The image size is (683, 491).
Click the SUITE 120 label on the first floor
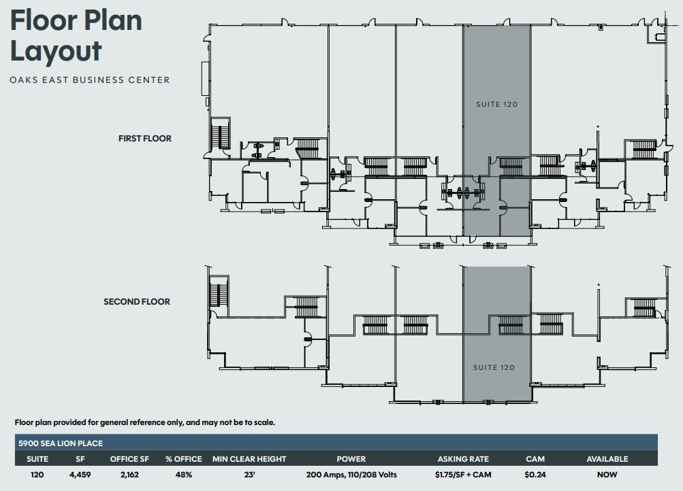click(496, 105)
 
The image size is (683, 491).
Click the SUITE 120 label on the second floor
click(494, 368)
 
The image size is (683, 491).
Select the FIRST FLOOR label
click(145, 139)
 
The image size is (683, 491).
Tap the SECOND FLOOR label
click(137, 302)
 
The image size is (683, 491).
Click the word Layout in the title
click(56, 51)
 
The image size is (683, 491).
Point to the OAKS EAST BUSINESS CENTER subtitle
click(90, 80)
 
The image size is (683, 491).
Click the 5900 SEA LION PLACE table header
click(61, 443)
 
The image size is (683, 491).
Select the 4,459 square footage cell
click(80, 475)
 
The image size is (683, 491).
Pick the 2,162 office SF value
click(129, 475)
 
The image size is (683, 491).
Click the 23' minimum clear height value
click(249, 475)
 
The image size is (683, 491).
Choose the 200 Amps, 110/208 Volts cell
click(351, 475)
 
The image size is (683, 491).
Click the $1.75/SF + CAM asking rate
click(464, 475)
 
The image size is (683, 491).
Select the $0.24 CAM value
click(535, 475)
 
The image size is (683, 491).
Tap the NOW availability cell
click(607, 475)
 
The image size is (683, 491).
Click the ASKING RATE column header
click(464, 459)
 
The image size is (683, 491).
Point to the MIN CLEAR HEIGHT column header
click(249, 459)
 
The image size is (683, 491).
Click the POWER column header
click(351, 459)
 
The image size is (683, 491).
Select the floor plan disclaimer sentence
click(145, 422)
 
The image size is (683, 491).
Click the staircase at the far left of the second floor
click(219, 292)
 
